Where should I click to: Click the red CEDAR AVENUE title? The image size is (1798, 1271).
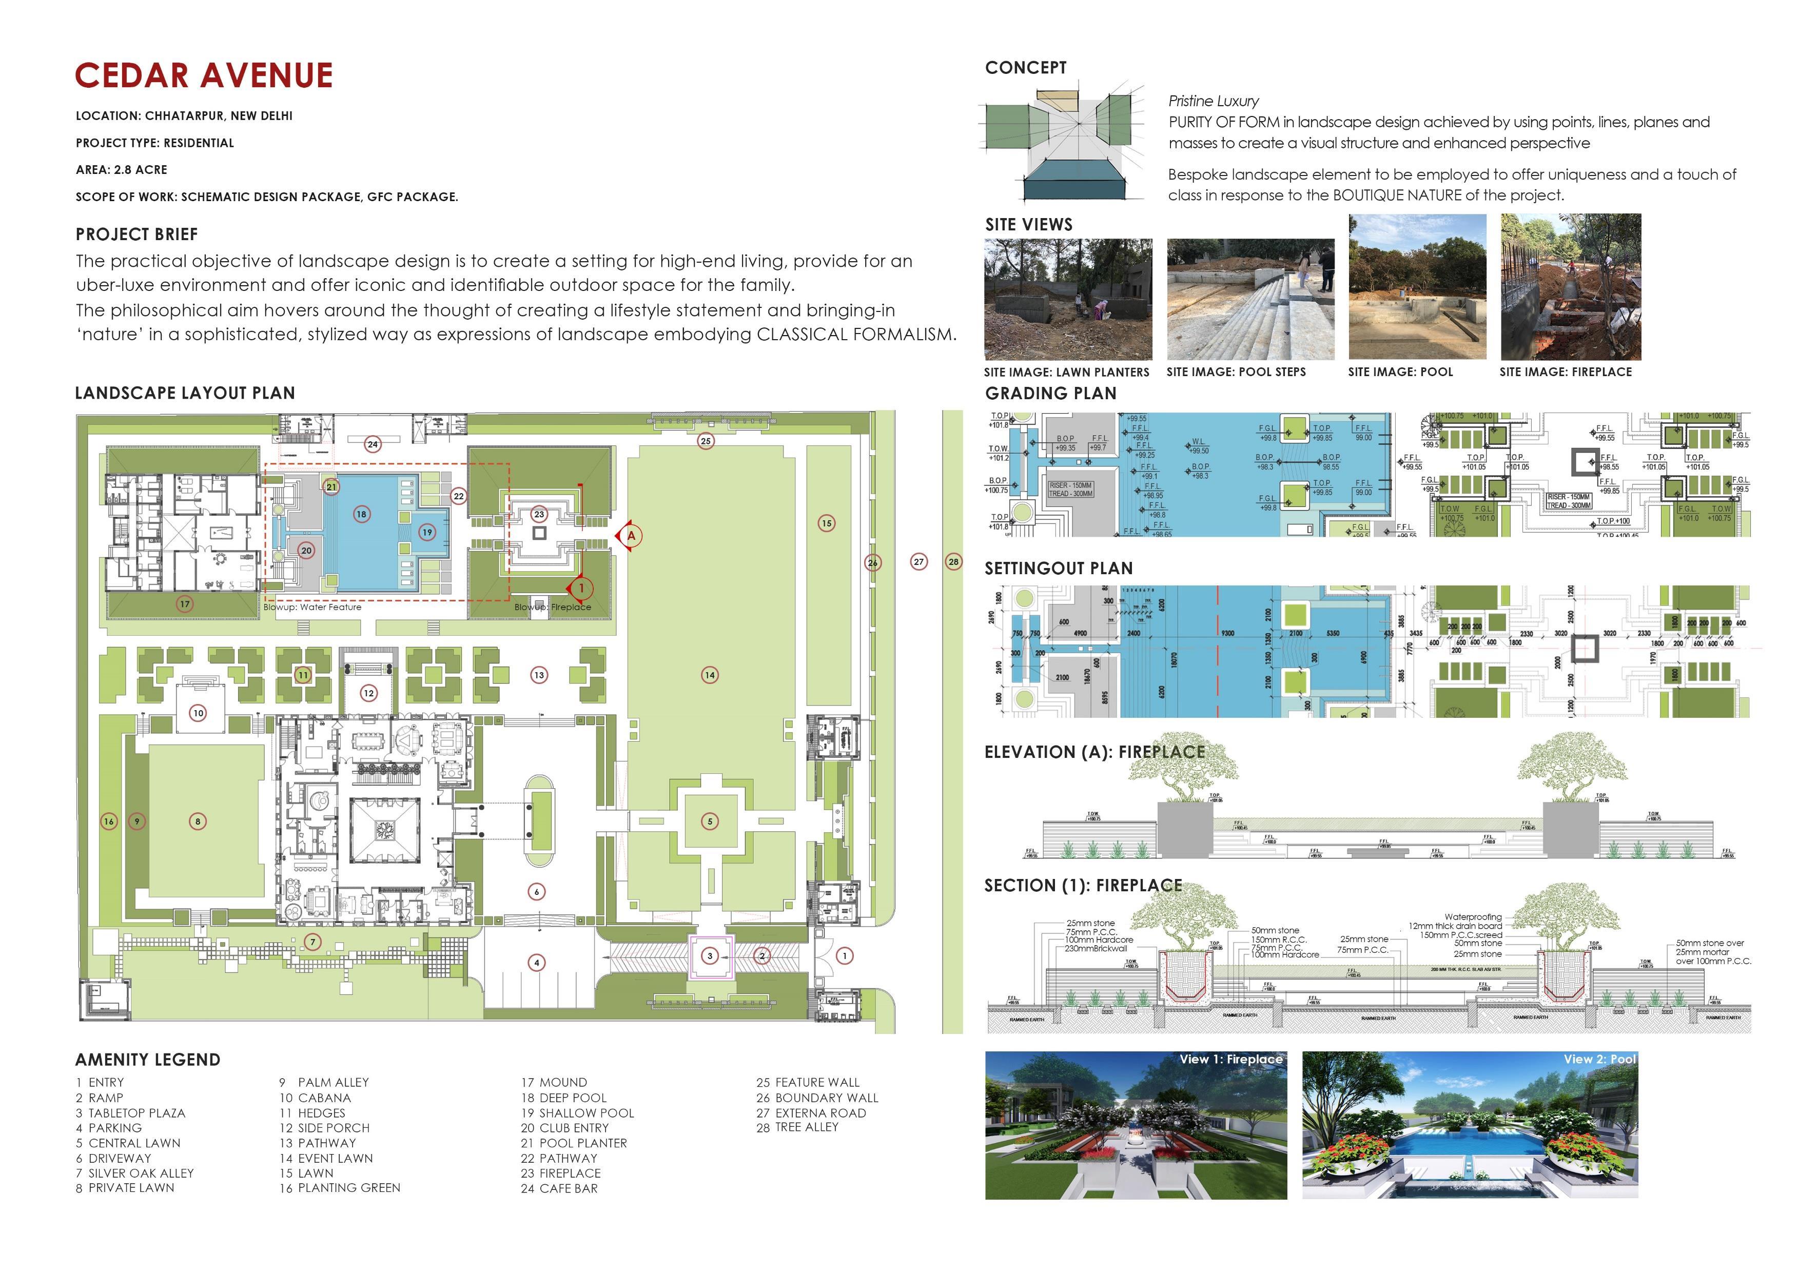pyautogui.click(x=204, y=76)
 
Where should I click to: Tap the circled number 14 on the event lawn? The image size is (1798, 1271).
pyautogui.click(x=710, y=675)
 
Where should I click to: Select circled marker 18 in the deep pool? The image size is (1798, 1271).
pyautogui.click(x=361, y=515)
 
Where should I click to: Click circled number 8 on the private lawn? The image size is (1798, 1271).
pyautogui.click(x=198, y=822)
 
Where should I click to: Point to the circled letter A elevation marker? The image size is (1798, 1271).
pyautogui.click(x=631, y=536)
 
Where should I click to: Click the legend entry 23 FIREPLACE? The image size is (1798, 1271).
pyautogui.click(x=561, y=1173)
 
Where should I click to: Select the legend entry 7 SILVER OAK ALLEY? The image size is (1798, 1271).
pyautogui.click(x=134, y=1173)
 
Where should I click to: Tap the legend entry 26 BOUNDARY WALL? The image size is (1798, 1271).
pyautogui.click(x=817, y=1098)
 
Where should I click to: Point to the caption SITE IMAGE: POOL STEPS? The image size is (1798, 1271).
pyautogui.click(x=1236, y=372)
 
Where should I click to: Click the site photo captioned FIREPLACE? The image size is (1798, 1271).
pyautogui.click(x=1570, y=287)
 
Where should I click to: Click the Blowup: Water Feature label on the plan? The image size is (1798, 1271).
pyautogui.click(x=312, y=607)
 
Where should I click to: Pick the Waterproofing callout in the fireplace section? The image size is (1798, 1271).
pyautogui.click(x=1473, y=917)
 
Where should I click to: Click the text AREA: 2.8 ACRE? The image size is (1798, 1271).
pyautogui.click(x=122, y=170)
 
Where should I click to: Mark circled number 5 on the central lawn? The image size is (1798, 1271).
pyautogui.click(x=710, y=822)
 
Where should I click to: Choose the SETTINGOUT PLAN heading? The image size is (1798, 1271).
pyautogui.click(x=1058, y=569)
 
